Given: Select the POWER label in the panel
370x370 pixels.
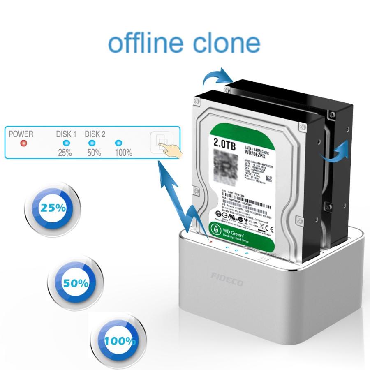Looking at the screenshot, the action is [x=21, y=134].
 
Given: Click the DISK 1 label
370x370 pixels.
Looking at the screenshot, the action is [x=66, y=134].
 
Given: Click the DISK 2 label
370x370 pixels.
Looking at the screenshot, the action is [x=95, y=134].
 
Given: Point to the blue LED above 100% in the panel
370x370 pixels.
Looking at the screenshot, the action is [x=119, y=143].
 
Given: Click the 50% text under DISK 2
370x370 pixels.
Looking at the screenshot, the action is [x=94, y=153].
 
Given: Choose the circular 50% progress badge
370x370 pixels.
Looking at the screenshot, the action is [x=76, y=283].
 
